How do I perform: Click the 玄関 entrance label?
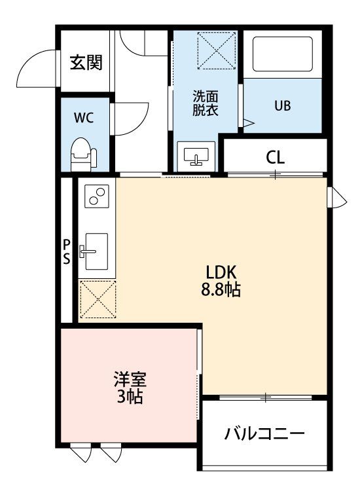86,62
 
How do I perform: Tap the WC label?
84,118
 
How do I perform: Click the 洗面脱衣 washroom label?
205,103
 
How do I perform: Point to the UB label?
282,106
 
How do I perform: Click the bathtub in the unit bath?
282,54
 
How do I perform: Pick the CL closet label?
275,158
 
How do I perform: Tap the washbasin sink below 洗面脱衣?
196,156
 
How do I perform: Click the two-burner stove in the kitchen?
97,196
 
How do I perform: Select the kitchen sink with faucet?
94,251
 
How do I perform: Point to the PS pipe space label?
67,251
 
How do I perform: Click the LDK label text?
221,272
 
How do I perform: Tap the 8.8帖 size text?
221,289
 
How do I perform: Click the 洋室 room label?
130,379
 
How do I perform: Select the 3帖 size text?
130,397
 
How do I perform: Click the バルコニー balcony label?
264,434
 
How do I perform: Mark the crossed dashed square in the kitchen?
98,300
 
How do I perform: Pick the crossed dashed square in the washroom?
217,50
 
